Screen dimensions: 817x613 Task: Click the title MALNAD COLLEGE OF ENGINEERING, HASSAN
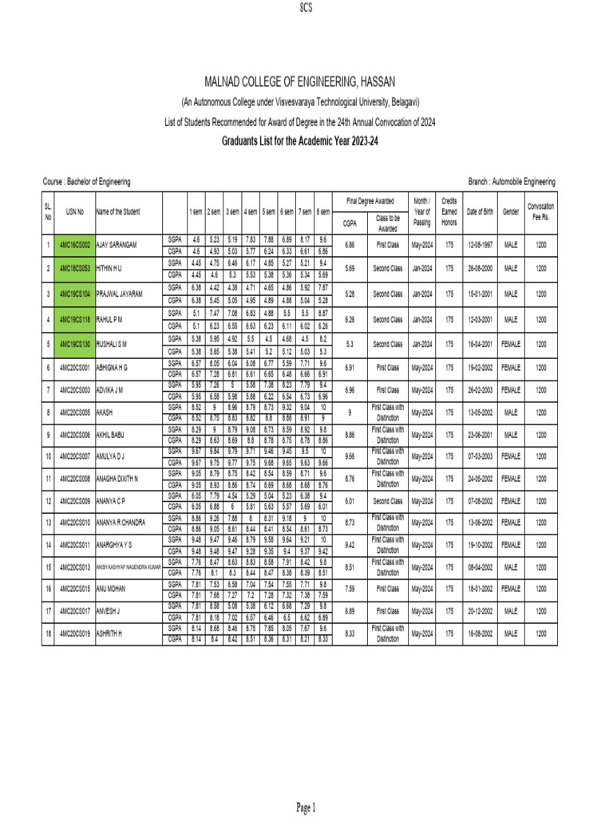(306, 83)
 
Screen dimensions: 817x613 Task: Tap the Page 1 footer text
(306, 807)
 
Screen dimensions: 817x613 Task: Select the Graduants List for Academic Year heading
(306, 139)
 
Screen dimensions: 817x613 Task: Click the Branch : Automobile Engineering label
(512, 182)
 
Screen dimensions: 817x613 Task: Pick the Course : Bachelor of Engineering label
(86, 182)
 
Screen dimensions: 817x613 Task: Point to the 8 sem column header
(322, 211)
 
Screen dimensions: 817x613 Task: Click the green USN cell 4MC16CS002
(75, 244)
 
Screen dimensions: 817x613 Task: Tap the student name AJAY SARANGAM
(117, 244)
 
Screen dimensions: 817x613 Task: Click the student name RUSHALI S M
(113, 344)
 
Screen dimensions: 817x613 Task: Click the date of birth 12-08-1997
(480, 244)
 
